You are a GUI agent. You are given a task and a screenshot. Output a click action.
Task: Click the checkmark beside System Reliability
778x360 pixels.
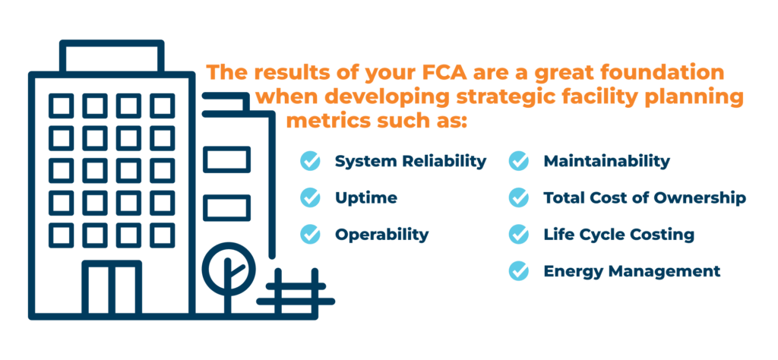point(310,161)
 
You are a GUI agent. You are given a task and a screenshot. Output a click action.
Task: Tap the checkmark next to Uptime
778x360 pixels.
point(310,198)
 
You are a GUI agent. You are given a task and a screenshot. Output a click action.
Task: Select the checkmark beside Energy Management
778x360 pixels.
point(519,271)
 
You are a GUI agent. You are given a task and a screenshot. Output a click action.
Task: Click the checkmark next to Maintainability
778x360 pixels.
point(519,161)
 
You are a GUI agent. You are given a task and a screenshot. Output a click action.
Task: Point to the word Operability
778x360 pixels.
point(381,235)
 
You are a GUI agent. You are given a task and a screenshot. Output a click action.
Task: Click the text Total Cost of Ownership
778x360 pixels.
point(644,198)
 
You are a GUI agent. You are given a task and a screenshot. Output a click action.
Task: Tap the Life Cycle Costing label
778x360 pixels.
point(618,235)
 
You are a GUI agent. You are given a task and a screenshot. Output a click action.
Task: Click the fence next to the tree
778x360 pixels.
point(296,292)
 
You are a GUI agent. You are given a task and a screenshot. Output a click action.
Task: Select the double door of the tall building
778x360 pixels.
point(112,288)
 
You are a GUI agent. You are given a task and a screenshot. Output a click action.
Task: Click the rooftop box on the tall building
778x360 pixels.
point(112,56)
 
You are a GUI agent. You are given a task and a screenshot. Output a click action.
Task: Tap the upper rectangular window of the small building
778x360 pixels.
point(226,159)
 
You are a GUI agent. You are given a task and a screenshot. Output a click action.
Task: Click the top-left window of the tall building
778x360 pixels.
point(62,106)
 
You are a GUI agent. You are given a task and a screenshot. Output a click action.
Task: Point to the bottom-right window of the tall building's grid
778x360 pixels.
point(163,235)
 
